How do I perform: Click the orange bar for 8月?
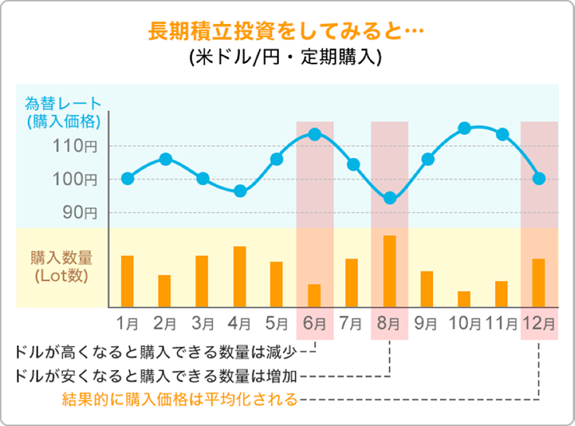tap(389, 272)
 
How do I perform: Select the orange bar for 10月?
tap(464, 299)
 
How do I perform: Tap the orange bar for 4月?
tap(239, 277)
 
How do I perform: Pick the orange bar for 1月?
tap(127, 281)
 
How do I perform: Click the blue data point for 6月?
tap(315, 134)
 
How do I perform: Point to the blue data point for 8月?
tap(389, 198)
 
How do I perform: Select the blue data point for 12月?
tap(539, 178)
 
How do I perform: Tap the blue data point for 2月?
tap(165, 159)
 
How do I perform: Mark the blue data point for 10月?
tap(465, 128)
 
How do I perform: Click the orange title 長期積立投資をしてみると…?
tap(285, 32)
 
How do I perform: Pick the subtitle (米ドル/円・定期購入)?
tap(285, 59)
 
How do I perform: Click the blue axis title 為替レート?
tap(63, 102)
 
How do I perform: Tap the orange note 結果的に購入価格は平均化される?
tap(179, 400)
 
